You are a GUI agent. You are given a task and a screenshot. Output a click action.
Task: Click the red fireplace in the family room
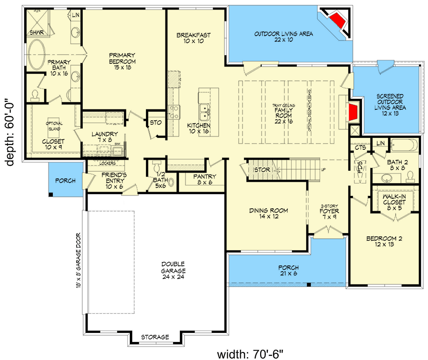click(x=352, y=112)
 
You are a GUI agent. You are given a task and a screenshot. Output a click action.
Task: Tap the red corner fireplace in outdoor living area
click(x=337, y=20)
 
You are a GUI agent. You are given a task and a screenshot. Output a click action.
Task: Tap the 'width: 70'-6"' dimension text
click(x=250, y=354)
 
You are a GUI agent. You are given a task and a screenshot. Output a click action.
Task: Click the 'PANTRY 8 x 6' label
click(x=205, y=179)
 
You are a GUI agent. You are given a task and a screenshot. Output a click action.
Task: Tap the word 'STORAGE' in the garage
click(x=155, y=337)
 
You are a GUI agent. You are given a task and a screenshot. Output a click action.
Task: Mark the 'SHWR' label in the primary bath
click(x=36, y=32)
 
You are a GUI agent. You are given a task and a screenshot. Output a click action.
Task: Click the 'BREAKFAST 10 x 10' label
click(x=193, y=38)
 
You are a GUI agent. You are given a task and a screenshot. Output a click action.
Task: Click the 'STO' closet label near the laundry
click(x=156, y=123)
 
